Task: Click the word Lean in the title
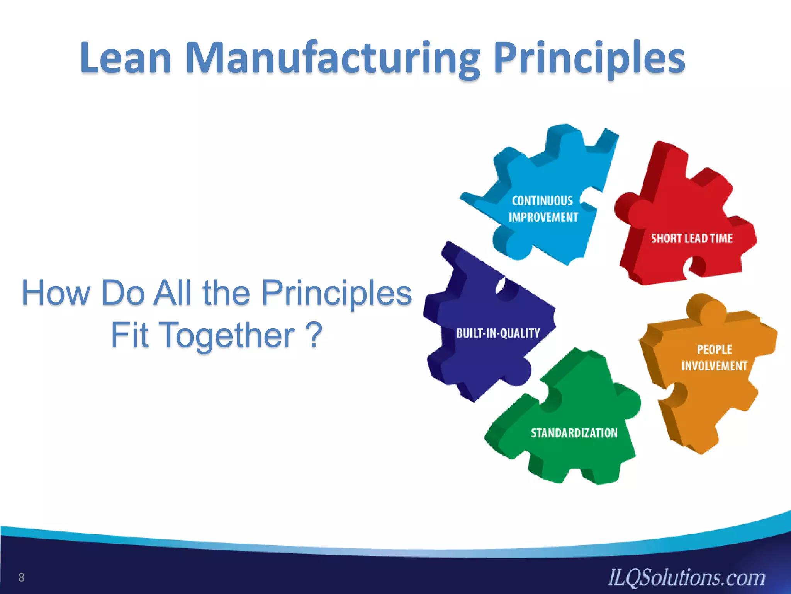click(126, 58)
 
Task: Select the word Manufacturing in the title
click(333, 58)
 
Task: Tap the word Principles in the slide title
click(589, 58)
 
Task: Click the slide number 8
click(21, 577)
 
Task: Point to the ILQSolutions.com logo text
click(686, 578)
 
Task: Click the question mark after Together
click(314, 335)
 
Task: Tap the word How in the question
click(56, 293)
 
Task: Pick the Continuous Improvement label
click(543, 209)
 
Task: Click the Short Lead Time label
click(692, 238)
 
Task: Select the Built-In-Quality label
click(498, 333)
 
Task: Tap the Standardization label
click(574, 433)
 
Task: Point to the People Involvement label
click(714, 358)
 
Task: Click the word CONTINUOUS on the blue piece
click(542, 200)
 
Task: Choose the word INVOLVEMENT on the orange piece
click(714, 366)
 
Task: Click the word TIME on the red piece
click(721, 238)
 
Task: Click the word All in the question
click(172, 293)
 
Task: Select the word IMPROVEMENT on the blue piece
click(543, 217)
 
